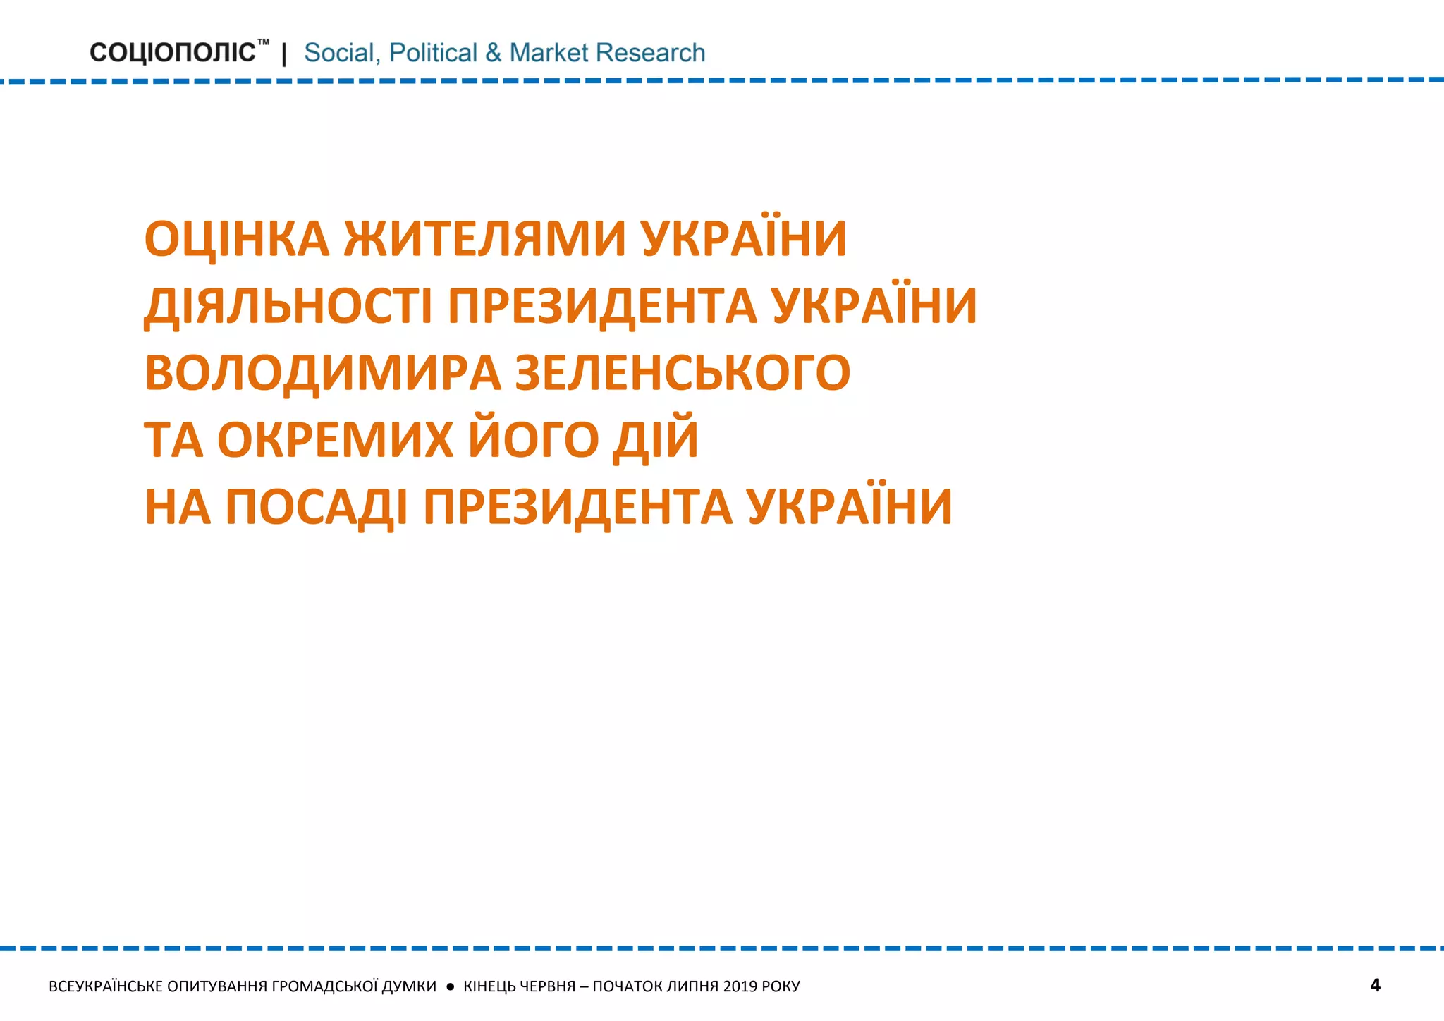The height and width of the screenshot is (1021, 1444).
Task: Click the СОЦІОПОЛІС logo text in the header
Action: [x=173, y=53]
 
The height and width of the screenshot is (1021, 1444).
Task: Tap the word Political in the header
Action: [x=433, y=53]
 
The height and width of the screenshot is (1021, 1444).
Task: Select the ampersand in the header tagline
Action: [x=493, y=53]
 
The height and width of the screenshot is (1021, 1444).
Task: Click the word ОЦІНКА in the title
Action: [x=237, y=238]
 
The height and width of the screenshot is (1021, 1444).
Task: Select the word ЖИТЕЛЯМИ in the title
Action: [x=485, y=238]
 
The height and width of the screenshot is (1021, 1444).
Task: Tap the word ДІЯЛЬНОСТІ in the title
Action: [x=288, y=306]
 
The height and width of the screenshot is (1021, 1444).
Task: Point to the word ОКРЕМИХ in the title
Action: [x=335, y=439]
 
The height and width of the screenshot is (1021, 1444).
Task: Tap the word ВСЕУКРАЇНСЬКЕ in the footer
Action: [x=106, y=986]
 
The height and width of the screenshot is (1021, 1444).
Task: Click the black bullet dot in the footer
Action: [x=451, y=986]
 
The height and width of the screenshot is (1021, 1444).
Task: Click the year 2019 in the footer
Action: [x=739, y=986]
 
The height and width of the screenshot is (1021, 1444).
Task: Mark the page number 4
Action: [x=1375, y=985]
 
